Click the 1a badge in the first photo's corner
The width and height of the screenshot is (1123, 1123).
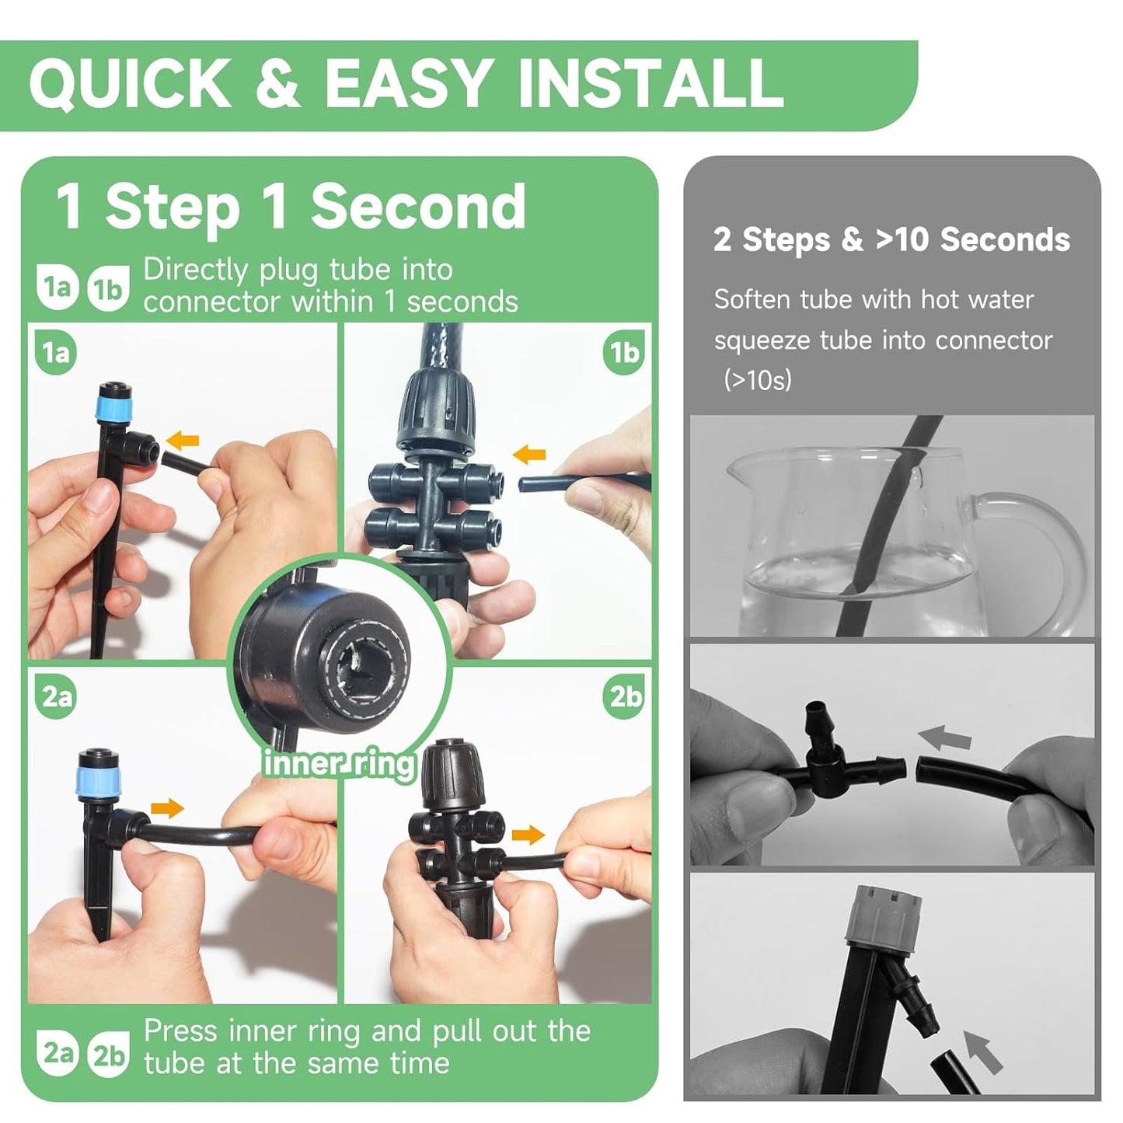[x=55, y=353]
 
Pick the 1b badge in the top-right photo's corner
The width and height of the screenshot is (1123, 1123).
[x=624, y=353]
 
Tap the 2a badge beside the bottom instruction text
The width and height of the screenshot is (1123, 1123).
[x=57, y=1053]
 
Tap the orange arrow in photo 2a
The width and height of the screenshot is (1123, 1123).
[x=167, y=808]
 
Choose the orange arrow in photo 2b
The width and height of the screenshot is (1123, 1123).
[x=528, y=835]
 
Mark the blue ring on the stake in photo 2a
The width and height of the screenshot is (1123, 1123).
[x=93, y=778]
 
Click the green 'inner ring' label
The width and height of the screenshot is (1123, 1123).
[x=340, y=763]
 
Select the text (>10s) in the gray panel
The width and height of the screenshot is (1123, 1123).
[x=757, y=380]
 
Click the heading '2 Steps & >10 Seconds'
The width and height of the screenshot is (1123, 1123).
[x=891, y=239]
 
